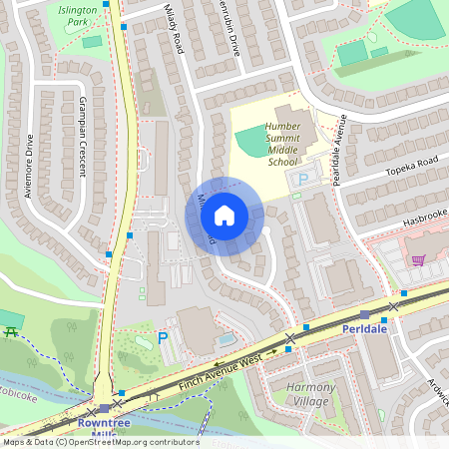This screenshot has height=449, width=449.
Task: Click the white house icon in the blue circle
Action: click(224, 216)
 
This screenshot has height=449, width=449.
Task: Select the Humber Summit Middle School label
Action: click(282, 144)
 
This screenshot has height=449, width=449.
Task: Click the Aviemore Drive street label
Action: click(29, 165)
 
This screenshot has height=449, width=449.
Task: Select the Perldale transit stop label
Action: click(364, 327)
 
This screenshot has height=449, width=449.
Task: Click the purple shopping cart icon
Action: click(418, 259)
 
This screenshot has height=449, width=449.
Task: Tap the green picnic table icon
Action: click(12, 331)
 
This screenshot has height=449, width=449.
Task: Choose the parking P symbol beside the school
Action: click(302, 179)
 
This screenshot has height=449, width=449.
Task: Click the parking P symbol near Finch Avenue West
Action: click(163, 340)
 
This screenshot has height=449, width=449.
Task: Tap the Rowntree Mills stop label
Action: click(105, 426)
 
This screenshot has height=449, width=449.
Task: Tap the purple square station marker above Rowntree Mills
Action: click(105, 409)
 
